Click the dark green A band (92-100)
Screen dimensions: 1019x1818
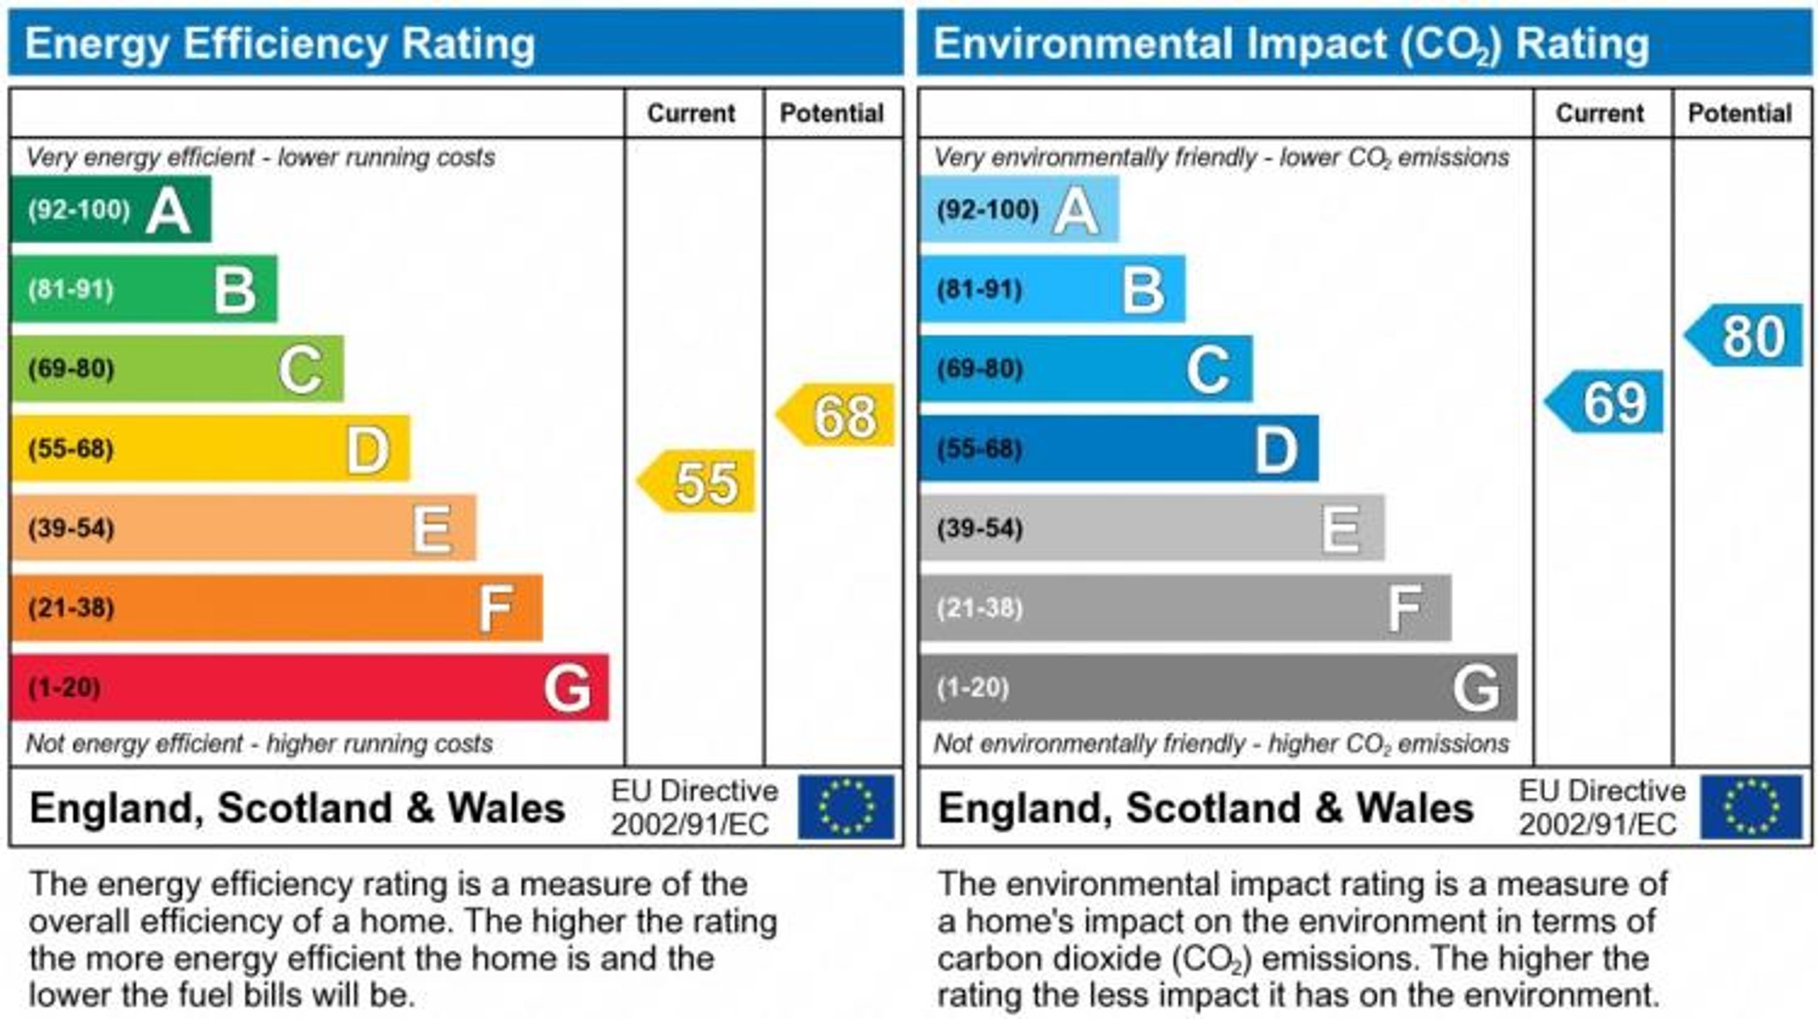pyautogui.click(x=111, y=210)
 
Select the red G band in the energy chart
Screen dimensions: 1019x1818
pyautogui.click(x=310, y=687)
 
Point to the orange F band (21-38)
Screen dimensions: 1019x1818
pyautogui.click(x=277, y=608)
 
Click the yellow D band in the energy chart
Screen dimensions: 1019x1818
pyautogui.click(x=210, y=448)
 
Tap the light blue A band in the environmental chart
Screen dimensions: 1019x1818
pyautogui.click(x=1020, y=210)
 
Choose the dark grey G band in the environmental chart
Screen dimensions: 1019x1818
pyautogui.click(x=1219, y=687)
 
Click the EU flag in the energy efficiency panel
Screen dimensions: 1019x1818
pyautogui.click(x=846, y=807)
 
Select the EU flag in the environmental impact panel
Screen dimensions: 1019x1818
pyautogui.click(x=1751, y=807)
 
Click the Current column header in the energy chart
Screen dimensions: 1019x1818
pyautogui.click(x=691, y=113)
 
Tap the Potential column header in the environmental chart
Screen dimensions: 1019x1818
pyautogui.click(x=1740, y=113)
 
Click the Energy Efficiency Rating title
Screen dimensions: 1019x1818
pyautogui.click(x=280, y=43)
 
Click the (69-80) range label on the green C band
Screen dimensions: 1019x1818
pyautogui.click(x=71, y=369)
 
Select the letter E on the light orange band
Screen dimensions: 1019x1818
pyautogui.click(x=432, y=529)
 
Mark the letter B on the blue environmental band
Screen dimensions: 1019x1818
pyautogui.click(x=1143, y=290)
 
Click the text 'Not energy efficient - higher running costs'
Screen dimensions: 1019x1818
pyautogui.click(x=259, y=744)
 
